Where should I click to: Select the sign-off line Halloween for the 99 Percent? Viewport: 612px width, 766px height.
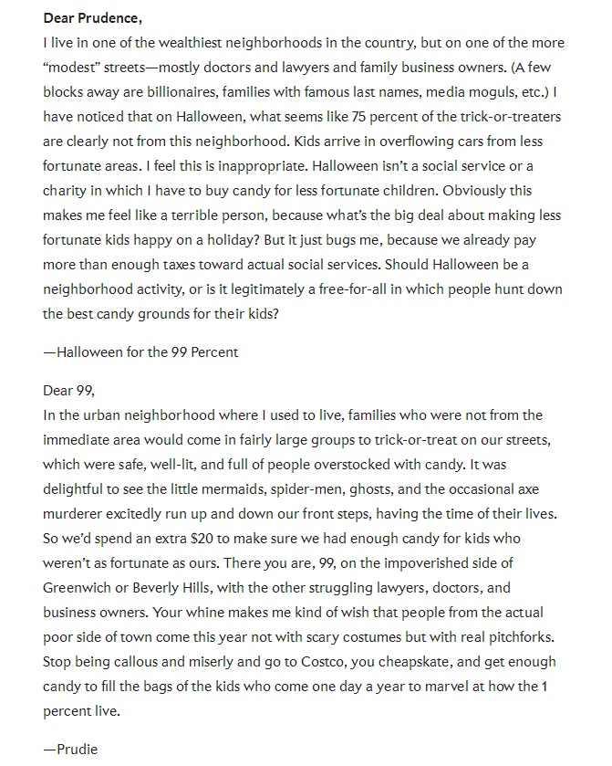coord(140,352)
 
